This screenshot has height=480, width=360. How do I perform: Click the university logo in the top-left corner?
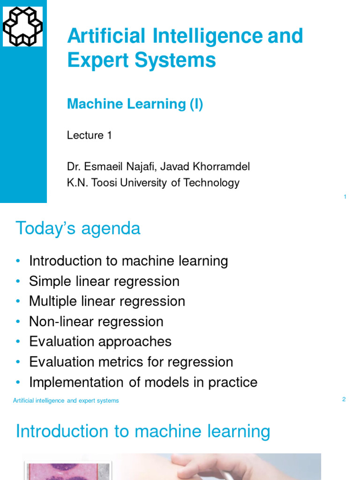tap(22, 27)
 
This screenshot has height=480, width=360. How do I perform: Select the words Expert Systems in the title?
tap(142, 60)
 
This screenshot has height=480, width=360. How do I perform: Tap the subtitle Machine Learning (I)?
tap(135, 104)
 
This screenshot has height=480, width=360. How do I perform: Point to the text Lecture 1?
tap(90, 135)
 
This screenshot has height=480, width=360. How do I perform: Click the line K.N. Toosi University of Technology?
tap(153, 183)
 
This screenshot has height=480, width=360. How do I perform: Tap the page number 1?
tap(345, 197)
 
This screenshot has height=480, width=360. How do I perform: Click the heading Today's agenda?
tap(78, 228)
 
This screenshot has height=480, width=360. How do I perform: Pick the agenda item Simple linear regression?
tap(104, 281)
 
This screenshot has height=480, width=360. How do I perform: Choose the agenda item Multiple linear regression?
tap(107, 301)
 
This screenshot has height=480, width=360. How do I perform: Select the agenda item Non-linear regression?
tap(96, 322)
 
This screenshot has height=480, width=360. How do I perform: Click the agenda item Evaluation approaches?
tap(100, 342)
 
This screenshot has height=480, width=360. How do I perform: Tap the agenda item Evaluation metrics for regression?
tap(131, 362)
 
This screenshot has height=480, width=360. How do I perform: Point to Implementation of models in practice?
tap(143, 382)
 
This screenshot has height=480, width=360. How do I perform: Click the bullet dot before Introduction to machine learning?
tap(18, 261)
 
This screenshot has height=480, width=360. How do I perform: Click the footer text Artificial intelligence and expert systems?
tap(66, 401)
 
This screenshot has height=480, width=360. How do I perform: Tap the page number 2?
tap(344, 399)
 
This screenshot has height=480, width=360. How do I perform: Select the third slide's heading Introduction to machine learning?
tap(143, 431)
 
